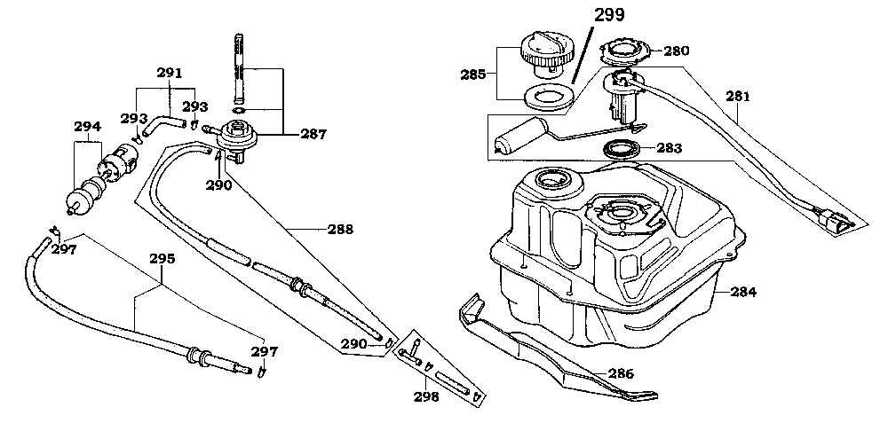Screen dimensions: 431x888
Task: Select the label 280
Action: [677, 51]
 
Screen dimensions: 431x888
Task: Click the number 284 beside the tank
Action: [743, 291]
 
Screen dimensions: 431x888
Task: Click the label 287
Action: [313, 135]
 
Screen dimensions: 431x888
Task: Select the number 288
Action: [339, 229]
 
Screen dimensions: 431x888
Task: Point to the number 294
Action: [87, 126]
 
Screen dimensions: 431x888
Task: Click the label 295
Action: [162, 259]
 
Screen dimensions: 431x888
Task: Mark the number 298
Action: [426, 396]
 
